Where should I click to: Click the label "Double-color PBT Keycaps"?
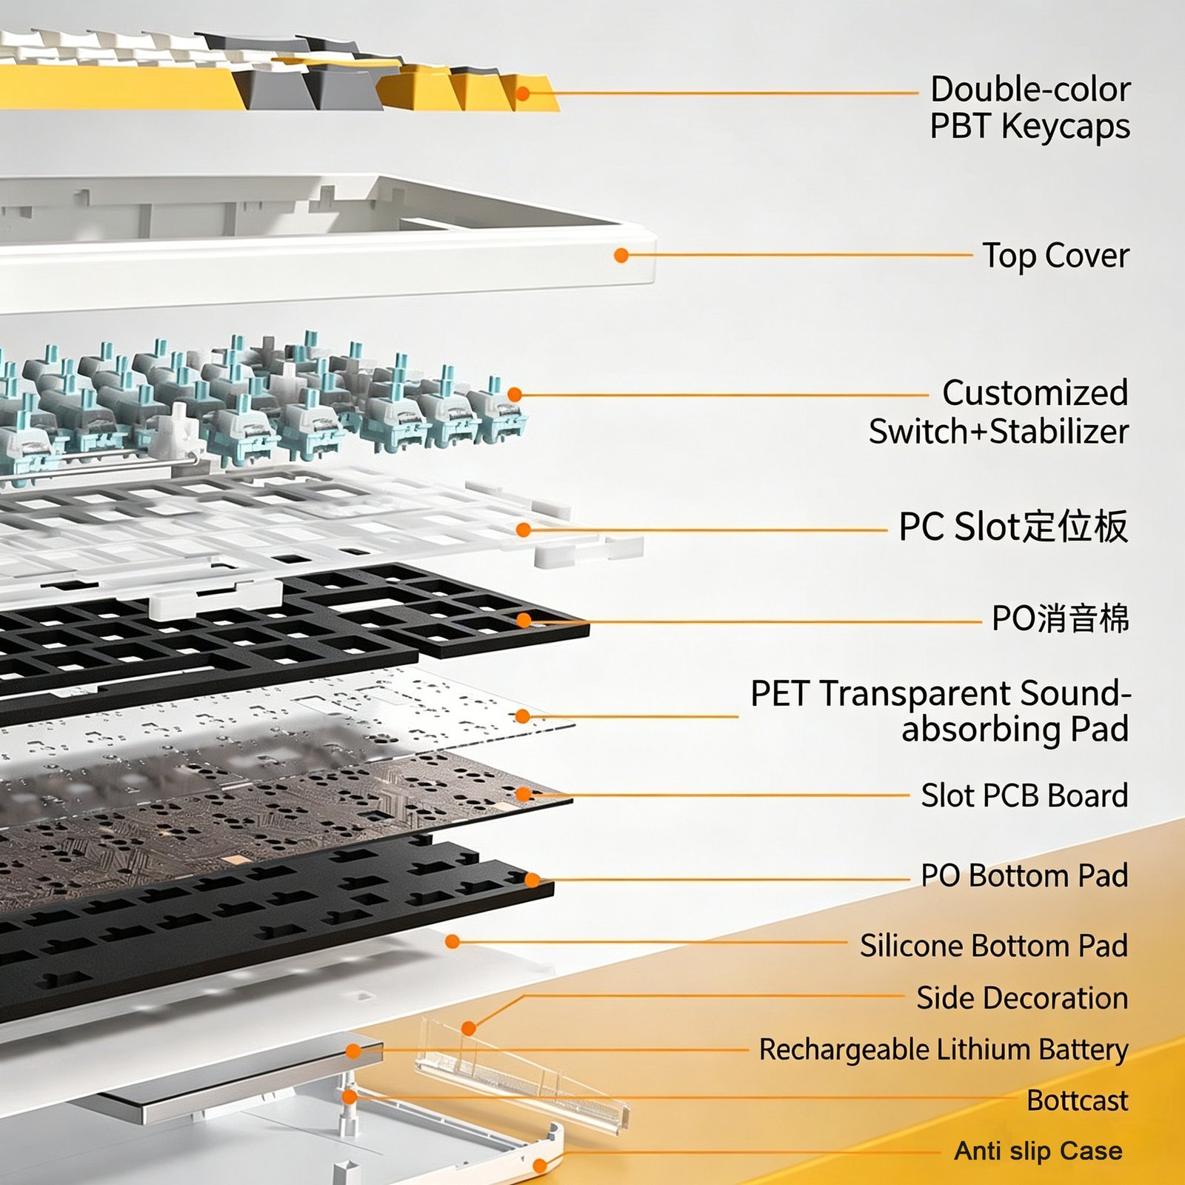pos(1029,108)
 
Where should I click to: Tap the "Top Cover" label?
pos(1055,256)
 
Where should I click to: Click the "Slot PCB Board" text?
pos(1024,795)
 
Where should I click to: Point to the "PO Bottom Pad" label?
pos(1024,875)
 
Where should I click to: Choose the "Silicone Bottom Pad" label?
pos(994,946)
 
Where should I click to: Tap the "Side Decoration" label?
pos(1022,998)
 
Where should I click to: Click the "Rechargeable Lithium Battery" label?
pos(944,1050)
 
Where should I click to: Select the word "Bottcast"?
pos(1078,1101)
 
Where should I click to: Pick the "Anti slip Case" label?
pos(1038,1151)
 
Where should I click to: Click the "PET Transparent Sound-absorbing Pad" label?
pos(941,711)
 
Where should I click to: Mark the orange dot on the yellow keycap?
pos(522,93)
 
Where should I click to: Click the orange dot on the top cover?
pos(621,256)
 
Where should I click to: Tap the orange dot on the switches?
pos(515,395)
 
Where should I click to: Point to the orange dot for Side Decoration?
pos(468,1028)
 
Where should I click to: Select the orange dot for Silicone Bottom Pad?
pos(453,941)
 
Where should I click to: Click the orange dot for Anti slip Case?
pos(540,1166)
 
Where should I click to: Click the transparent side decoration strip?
pos(522,1078)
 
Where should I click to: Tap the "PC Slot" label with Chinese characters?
pos(1013,527)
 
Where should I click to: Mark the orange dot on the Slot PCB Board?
pos(523,795)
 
